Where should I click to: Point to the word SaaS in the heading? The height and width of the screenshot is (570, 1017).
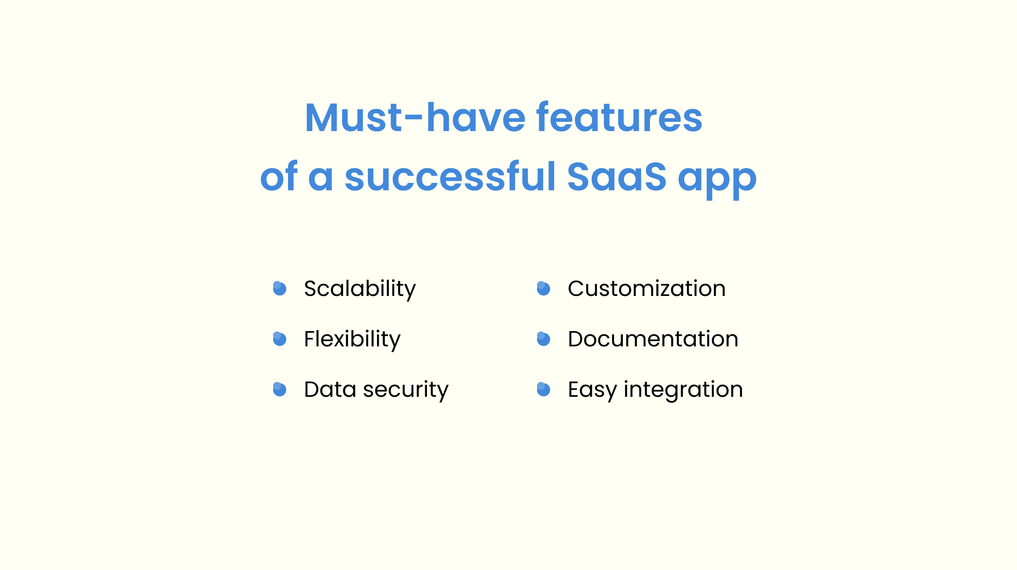[616, 177]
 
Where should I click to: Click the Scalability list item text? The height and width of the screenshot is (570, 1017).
[360, 289]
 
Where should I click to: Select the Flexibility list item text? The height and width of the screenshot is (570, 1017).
[352, 339]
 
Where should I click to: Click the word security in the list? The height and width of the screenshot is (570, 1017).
[406, 390]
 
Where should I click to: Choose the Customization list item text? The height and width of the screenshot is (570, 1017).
[647, 289]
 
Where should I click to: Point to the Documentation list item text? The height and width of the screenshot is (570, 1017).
[653, 339]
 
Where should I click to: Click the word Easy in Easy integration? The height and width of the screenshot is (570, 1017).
[592, 390]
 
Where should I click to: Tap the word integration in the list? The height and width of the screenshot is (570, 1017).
[683, 390]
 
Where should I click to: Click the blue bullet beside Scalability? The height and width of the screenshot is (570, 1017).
[280, 289]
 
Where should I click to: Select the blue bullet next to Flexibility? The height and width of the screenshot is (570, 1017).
[280, 339]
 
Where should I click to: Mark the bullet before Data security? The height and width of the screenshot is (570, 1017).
[280, 389]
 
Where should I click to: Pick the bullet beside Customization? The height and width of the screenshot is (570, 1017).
[544, 289]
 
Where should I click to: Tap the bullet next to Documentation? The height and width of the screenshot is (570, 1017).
[544, 339]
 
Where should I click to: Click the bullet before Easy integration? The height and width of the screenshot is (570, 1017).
[544, 389]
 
